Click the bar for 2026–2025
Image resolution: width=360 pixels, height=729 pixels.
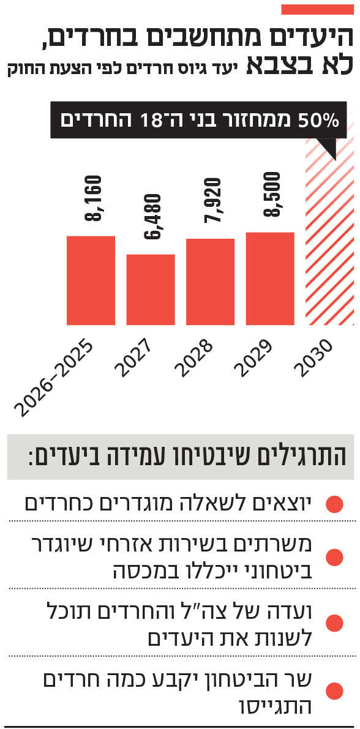pos(91,280)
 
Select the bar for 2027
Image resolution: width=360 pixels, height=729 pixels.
pos(151,289)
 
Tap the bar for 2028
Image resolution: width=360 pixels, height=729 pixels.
pos(210,281)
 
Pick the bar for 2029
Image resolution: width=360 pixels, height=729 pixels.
pos(270,278)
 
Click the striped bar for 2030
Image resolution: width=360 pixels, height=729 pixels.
pos(330,245)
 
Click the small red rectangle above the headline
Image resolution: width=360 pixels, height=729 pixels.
pos(315,10)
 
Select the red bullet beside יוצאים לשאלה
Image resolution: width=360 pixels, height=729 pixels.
pos(334,504)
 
